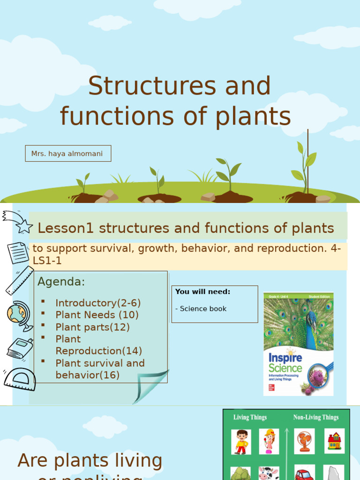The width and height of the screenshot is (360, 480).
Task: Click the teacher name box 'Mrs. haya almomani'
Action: tap(67, 154)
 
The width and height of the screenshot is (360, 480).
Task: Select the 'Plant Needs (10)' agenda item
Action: tap(97, 315)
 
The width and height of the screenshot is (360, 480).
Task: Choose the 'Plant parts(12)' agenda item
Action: tap(92, 327)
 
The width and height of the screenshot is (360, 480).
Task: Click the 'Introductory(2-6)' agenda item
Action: tap(98, 303)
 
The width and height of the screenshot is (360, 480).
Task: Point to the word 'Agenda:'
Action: tap(61, 282)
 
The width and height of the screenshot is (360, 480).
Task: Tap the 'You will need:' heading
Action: tap(202, 292)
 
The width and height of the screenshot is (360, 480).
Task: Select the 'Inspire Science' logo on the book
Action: tap(285, 363)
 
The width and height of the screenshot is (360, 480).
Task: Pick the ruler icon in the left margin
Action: tap(19, 280)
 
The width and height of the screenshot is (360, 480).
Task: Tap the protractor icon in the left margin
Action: tap(20, 379)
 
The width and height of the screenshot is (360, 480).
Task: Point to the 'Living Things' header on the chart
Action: tap(250, 417)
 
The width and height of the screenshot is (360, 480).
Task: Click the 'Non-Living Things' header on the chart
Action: tap(316, 417)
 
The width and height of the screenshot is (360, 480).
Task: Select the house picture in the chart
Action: tap(334, 441)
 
